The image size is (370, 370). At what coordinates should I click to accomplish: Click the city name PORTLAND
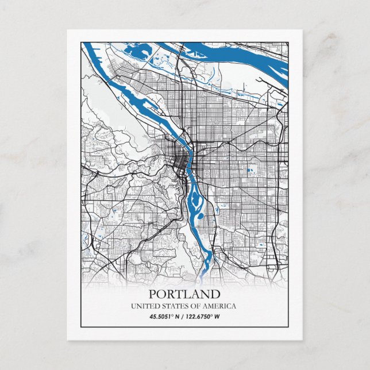(x=184, y=294)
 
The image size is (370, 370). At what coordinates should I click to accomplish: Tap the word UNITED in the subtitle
(x=144, y=306)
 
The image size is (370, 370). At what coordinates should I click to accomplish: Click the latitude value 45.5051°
(x=163, y=316)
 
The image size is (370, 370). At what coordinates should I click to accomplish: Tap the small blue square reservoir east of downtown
(x=248, y=170)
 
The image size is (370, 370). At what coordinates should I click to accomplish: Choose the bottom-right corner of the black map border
(x=289, y=328)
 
